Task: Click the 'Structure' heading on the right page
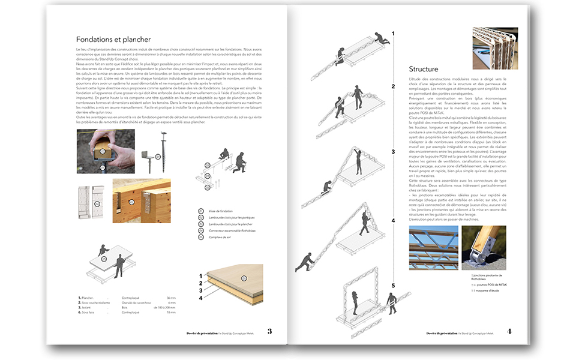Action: pos(424,69)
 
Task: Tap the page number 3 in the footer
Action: pos(270,331)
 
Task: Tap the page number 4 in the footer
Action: pos(509,331)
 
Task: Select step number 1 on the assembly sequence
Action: pos(394,34)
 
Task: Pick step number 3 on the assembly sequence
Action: pos(394,152)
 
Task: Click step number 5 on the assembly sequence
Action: pos(394,285)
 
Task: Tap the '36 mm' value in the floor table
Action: pos(172,298)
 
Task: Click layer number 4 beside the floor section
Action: pos(201,297)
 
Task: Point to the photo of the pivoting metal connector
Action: pos(484,248)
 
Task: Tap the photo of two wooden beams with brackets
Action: pos(141,200)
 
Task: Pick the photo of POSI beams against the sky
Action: pos(433,248)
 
